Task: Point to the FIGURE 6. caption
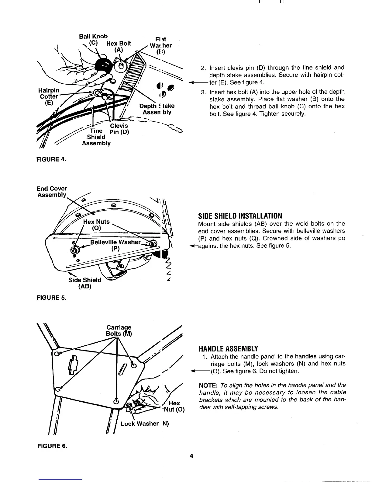point(52,446)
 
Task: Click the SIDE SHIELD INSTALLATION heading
point(240,216)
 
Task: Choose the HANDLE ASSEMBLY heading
point(228,348)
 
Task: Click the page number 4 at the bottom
point(191,456)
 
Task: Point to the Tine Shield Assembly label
point(96,137)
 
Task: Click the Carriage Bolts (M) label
point(119,330)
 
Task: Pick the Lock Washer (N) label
point(145,424)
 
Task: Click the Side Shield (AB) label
point(85,283)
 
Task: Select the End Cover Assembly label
point(52,191)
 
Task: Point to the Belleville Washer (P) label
point(115,245)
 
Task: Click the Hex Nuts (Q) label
point(96,225)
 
